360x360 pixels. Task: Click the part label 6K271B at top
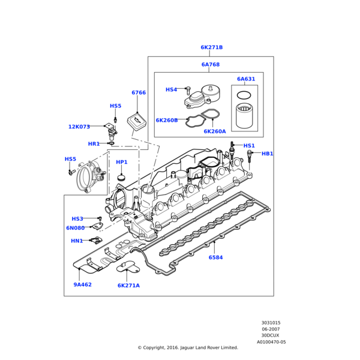point(211,47)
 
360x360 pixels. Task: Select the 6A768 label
point(210,64)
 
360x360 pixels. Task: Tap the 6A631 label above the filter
point(245,79)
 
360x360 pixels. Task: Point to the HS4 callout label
point(171,89)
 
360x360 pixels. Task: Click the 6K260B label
point(166,120)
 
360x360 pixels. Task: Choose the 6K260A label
point(214,131)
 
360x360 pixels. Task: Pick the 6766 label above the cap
point(139,92)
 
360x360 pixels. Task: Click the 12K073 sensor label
point(79,127)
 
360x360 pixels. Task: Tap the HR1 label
point(94,144)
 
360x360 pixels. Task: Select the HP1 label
point(122,162)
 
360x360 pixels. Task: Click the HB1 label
point(267,154)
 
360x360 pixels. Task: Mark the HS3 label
point(77,219)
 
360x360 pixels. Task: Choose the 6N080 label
point(75,228)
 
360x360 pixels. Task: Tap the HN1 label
point(77,241)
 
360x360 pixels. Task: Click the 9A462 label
point(83,284)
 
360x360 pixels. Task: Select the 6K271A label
point(128,286)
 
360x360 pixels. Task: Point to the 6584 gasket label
point(215,257)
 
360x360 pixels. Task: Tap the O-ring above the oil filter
point(244,95)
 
